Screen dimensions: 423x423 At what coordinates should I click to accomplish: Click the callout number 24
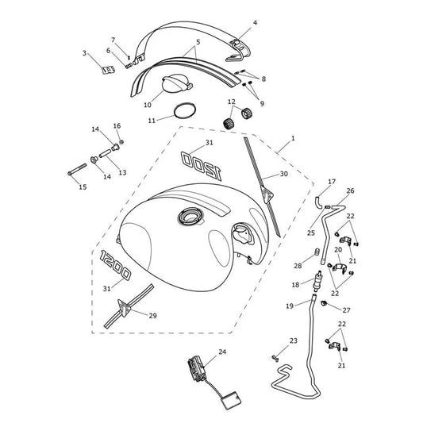(222, 352)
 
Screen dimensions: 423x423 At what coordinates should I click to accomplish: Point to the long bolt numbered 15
(78, 169)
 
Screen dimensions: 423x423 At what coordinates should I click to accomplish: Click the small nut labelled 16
(121, 141)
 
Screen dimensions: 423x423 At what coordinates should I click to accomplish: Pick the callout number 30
(284, 174)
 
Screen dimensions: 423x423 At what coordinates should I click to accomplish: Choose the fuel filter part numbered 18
(317, 281)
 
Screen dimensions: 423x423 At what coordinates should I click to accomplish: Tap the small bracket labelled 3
(109, 70)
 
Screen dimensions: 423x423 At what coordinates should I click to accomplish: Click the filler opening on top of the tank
(190, 216)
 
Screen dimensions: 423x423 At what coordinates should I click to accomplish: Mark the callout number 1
(293, 138)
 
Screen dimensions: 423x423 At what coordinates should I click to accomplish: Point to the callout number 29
(152, 316)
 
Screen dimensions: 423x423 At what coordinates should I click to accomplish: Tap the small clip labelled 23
(275, 358)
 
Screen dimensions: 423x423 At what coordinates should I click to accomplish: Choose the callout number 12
(232, 102)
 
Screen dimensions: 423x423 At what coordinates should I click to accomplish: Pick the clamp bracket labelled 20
(340, 267)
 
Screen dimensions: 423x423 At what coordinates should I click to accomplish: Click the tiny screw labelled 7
(129, 57)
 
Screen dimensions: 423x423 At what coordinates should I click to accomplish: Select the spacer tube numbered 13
(106, 154)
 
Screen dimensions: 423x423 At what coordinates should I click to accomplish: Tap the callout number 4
(255, 23)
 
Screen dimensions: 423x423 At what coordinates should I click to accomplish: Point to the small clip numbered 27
(324, 303)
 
